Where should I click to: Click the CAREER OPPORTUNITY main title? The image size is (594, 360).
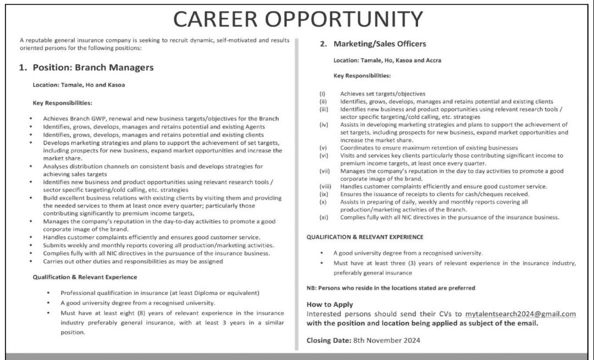(x=298, y=19)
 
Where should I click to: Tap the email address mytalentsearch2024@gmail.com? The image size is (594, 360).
(x=520, y=314)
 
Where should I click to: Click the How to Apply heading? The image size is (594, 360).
(x=330, y=304)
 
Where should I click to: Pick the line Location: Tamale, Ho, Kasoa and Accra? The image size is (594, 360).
(x=387, y=60)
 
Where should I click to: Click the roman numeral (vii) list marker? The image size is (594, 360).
(x=325, y=171)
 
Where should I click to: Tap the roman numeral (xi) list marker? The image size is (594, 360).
(x=324, y=217)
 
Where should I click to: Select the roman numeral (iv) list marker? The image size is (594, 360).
(x=324, y=125)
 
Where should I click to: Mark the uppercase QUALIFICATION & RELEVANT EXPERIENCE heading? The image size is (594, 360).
(x=364, y=237)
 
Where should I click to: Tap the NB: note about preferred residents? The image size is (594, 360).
(x=390, y=287)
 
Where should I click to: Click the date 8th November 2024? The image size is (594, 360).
(x=386, y=340)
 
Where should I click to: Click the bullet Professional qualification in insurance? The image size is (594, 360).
(x=160, y=292)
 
